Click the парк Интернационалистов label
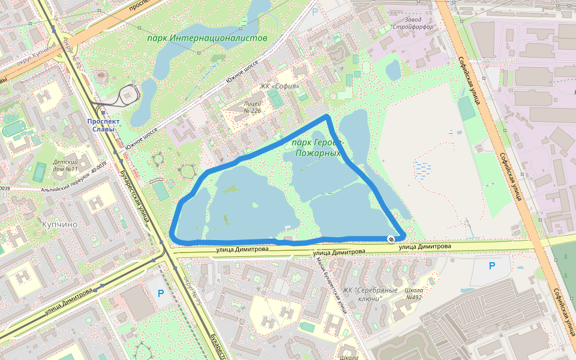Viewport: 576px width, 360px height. pos(207,38)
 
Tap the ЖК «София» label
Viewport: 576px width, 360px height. pos(280,86)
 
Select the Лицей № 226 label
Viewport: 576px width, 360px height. pos(253,106)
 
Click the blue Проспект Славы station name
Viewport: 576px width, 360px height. pos(103,125)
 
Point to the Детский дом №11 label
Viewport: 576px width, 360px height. pos(65,166)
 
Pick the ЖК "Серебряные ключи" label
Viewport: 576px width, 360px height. pos(370,294)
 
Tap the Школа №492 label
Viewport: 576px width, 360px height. pos(414,293)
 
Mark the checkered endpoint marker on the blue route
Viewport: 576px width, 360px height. pos(391,239)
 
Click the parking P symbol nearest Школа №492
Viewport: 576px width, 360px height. pos(492,266)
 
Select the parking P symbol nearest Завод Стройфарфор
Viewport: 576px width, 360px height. pos(315,11)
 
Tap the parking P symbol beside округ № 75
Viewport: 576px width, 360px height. pos(160,293)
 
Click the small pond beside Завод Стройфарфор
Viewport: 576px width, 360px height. pos(393,70)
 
